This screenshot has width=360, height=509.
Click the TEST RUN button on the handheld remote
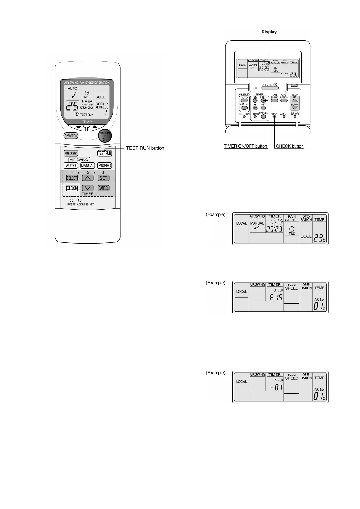pos(105,153)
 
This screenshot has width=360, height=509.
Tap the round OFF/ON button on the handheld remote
pos(105,136)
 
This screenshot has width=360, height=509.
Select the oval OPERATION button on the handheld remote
pos(71,136)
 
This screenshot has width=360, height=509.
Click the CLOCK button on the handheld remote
pos(72,188)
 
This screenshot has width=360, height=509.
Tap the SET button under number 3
pos(103,178)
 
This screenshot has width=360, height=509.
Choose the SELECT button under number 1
pos(72,178)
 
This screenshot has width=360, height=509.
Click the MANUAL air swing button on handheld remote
pos(87,166)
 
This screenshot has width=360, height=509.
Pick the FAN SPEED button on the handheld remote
pos(105,166)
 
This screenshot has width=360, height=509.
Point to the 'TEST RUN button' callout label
pos(145,148)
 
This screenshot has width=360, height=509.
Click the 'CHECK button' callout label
pos(290,146)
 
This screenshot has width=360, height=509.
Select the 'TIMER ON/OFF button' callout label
pos(245,146)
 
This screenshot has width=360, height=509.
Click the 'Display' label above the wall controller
pos(269,32)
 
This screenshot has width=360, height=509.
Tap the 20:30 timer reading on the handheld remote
pos(87,106)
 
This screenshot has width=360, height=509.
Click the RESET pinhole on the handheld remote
pos(72,200)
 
